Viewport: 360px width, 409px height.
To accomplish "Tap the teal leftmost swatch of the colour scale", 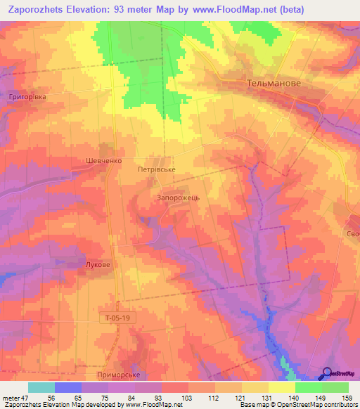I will point(41,387).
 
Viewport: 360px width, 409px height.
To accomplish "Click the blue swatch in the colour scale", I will point(67,387).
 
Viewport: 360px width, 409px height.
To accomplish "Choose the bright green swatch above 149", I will point(308,387).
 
